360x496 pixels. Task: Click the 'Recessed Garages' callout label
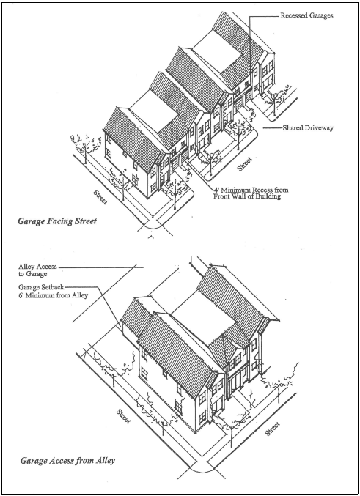(306, 15)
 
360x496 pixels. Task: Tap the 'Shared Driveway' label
(308, 128)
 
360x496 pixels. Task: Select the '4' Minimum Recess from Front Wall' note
(251, 193)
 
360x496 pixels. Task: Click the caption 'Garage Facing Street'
(57, 221)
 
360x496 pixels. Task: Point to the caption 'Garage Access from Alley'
(67, 460)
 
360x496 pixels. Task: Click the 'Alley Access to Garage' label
(37, 270)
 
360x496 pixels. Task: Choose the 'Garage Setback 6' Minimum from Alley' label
(53, 291)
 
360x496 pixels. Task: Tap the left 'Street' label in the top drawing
(100, 197)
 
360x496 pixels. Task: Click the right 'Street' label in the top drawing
(245, 164)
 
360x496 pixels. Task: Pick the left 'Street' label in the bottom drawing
(123, 416)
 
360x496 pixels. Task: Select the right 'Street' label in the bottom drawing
(273, 429)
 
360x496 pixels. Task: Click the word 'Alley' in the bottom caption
(105, 461)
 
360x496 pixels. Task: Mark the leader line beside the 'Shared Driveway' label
(272, 128)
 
